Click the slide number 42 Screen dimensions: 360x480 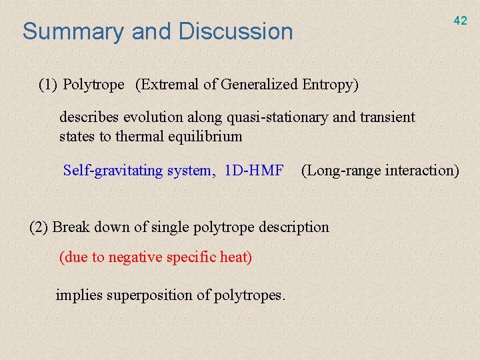(x=460, y=21)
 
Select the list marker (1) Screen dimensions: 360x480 (x=49, y=85)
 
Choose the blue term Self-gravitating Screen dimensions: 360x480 (x=113, y=171)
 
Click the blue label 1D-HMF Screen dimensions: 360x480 (x=254, y=171)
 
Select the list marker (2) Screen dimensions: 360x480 (x=39, y=227)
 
